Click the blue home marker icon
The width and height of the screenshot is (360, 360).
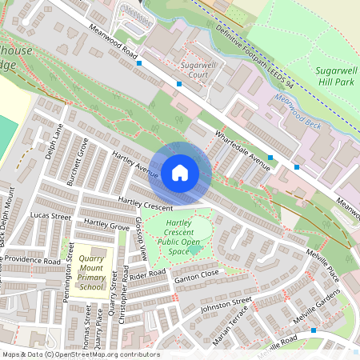coord(180,172)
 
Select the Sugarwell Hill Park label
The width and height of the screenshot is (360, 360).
coord(334,76)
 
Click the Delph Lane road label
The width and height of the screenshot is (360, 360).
coord(54,140)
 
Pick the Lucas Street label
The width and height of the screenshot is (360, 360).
coord(50,216)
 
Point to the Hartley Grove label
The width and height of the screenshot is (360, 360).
coord(106,225)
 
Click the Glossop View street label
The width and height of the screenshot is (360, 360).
coord(141,238)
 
